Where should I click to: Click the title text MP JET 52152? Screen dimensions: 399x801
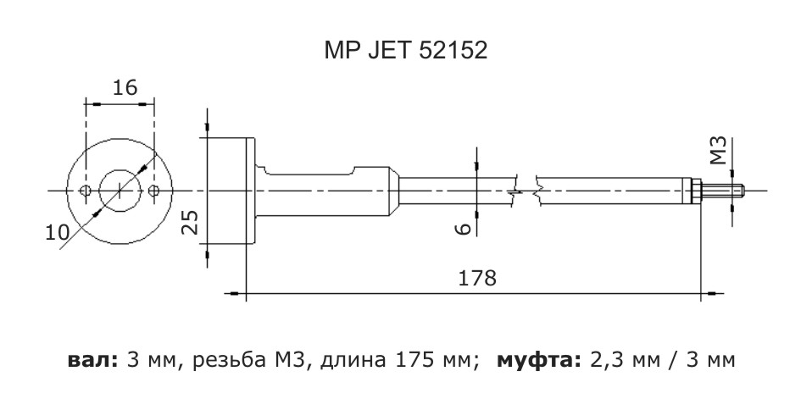404,52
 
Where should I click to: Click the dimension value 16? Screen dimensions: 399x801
125,87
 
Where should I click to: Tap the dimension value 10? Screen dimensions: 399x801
56,231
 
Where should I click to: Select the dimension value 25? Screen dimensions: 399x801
192,223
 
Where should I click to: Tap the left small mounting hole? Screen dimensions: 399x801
85,190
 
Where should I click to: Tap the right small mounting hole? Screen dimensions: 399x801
153,190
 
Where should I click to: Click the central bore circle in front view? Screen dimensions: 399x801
120,190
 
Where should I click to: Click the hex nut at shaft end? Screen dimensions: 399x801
693,190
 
